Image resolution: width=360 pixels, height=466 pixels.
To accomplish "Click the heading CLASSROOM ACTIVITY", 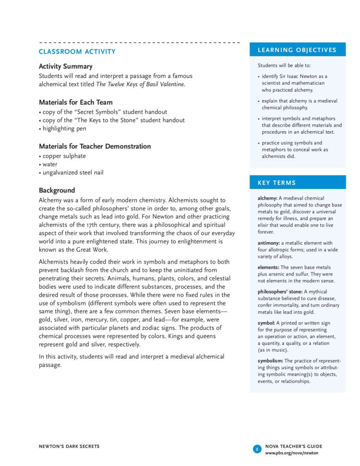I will click(x=77, y=51).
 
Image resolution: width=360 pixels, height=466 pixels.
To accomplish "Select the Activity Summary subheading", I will click(x=65, y=66).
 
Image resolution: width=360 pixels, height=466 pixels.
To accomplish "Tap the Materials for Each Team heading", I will click(x=75, y=102).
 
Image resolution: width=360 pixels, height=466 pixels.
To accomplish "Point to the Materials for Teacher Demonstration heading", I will click(x=95, y=146).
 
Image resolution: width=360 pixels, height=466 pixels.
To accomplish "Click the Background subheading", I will click(x=57, y=190).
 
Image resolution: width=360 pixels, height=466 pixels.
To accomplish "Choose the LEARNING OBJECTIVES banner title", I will click(x=297, y=50).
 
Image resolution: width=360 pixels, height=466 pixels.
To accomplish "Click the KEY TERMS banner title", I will click(x=276, y=183).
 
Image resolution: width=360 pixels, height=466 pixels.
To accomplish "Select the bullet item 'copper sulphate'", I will click(x=64, y=156).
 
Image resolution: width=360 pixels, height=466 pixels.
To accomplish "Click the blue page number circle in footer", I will click(x=257, y=449).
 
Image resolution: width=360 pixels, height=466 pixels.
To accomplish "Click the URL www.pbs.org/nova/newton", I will click(x=291, y=453).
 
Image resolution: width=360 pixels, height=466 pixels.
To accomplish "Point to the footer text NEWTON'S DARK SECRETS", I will click(x=69, y=446).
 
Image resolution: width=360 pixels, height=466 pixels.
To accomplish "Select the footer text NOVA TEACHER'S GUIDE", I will click(x=294, y=446).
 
